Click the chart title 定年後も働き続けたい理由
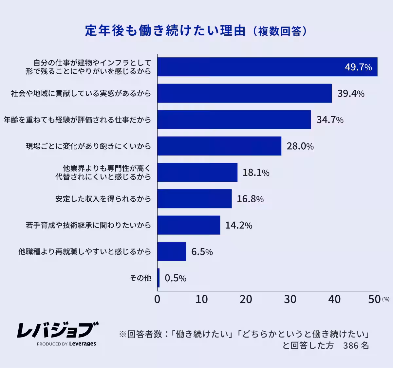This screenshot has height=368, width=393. (165, 31)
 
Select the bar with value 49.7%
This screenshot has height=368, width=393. (267, 67)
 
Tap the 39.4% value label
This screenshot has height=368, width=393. (351, 94)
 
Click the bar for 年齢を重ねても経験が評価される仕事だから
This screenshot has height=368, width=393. (234, 120)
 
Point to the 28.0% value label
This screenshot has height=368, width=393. (300, 146)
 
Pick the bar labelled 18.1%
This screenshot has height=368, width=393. (197, 173)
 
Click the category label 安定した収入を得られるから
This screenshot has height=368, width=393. (103, 199)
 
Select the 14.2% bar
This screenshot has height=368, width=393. (189, 225)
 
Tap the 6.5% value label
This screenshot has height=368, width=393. (202, 252)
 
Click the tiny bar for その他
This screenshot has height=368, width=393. (159, 278)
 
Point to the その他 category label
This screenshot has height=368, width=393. (140, 278)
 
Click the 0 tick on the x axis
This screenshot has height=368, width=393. (157, 299)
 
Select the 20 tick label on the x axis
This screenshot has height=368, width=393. (246, 299)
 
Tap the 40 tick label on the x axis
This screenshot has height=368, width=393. (334, 299)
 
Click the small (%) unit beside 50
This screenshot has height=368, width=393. (386, 299)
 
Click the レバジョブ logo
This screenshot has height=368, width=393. (58, 330)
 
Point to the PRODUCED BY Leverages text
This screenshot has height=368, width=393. (66, 344)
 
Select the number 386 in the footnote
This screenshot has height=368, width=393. (350, 345)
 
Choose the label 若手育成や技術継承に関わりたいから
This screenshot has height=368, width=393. (88, 225)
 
